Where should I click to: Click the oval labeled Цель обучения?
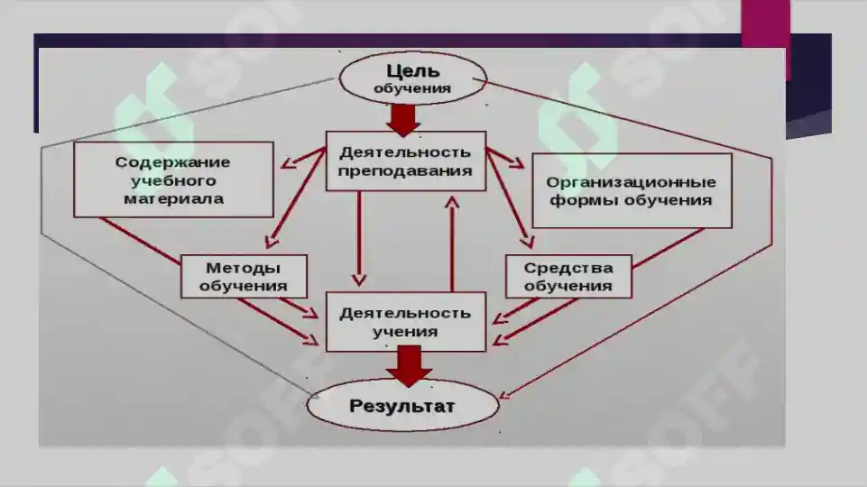pyautogui.click(x=412, y=78)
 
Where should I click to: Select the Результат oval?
pyautogui.click(x=402, y=405)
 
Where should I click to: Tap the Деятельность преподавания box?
pyautogui.click(x=406, y=161)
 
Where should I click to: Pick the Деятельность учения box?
pyautogui.click(x=406, y=322)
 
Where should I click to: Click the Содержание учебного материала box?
pyautogui.click(x=173, y=179)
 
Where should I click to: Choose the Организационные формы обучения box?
pyautogui.click(x=632, y=190)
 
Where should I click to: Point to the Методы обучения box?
pyautogui.click(x=244, y=276)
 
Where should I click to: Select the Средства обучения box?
pyautogui.click(x=568, y=276)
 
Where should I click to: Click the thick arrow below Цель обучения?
pyautogui.click(x=403, y=120)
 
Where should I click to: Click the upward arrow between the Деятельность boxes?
pyautogui.click(x=452, y=243)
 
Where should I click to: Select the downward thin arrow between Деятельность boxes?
pyautogui.click(x=359, y=239)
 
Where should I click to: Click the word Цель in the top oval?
pyautogui.click(x=413, y=70)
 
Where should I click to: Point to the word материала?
pyautogui.click(x=173, y=199)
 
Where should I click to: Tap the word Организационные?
pyautogui.click(x=631, y=182)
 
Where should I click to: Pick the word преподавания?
pyautogui.click(x=405, y=170)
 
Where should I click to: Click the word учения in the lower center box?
pyautogui.click(x=405, y=332)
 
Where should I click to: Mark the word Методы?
pyautogui.click(x=244, y=268)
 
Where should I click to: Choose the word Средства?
pyautogui.click(x=568, y=268)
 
